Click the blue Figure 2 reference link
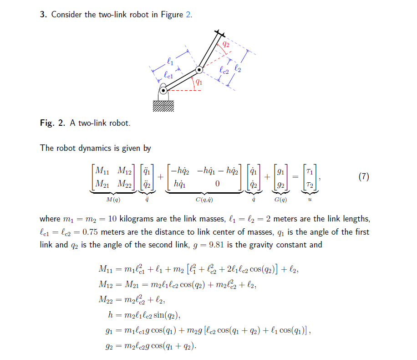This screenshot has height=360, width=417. [x=188, y=15]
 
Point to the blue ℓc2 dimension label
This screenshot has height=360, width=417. [x=224, y=70]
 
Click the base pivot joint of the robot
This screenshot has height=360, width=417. [x=163, y=91]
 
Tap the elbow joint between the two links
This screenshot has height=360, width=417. [x=199, y=70]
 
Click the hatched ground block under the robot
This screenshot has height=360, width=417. [x=163, y=106]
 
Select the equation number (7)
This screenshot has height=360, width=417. [x=363, y=177]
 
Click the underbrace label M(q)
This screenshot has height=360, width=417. [x=113, y=200]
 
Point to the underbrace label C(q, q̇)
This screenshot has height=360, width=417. [x=203, y=200]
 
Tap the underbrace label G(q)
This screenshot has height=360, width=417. [x=280, y=200]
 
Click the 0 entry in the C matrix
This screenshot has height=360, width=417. [x=217, y=184]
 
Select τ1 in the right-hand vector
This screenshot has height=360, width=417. [x=310, y=171]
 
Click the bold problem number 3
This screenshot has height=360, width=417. [x=43, y=15]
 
